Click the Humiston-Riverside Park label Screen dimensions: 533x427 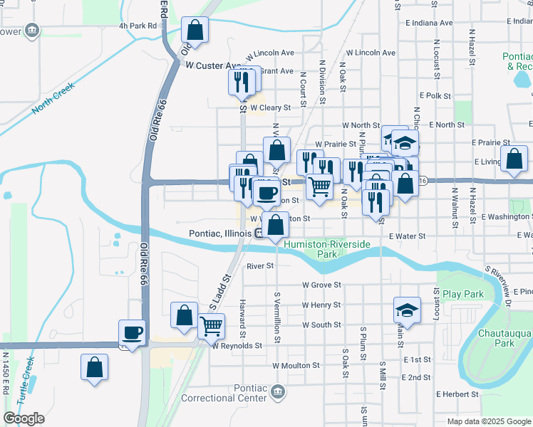tap(327, 249)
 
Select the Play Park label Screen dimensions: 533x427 tap(462, 294)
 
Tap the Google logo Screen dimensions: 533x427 tap(24, 418)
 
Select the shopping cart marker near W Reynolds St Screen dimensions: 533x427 tap(211, 327)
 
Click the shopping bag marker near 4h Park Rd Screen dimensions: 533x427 tap(195, 31)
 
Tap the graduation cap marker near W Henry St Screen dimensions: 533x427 tap(407, 310)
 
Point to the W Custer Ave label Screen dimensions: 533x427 tap(212, 65)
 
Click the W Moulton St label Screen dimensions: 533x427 tap(295, 365)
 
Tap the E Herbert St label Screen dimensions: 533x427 tap(452, 394)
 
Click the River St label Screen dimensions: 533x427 tap(260, 266)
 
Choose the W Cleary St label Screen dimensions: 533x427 tap(270, 107)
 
